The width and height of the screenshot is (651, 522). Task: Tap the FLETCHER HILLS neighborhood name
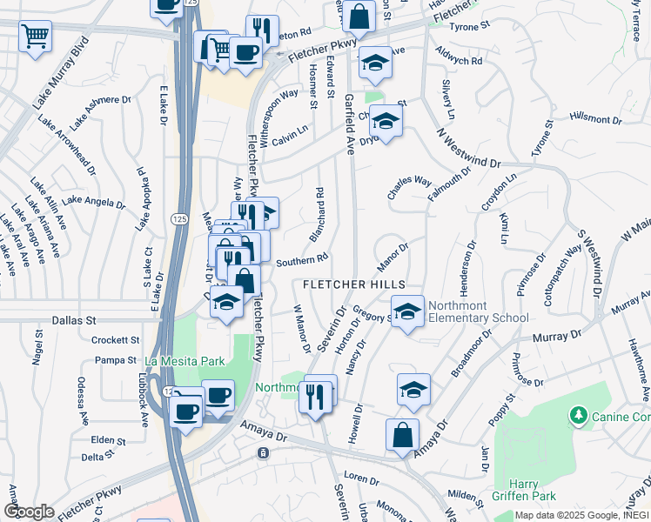point(353,285)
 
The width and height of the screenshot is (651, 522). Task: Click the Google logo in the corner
point(29,512)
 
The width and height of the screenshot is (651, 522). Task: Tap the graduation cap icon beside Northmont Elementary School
point(406,311)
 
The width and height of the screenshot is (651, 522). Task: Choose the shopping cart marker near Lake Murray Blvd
point(36,37)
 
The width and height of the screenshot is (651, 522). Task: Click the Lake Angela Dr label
point(94,202)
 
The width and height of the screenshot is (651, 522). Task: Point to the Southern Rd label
point(301,259)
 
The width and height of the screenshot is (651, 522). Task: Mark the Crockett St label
point(116,340)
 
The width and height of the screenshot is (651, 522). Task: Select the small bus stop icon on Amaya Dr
point(263,453)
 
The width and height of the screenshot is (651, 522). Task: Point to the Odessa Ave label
point(83,400)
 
